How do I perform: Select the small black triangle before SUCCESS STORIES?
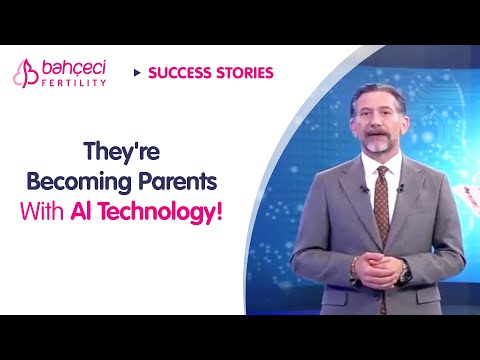[136, 73]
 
